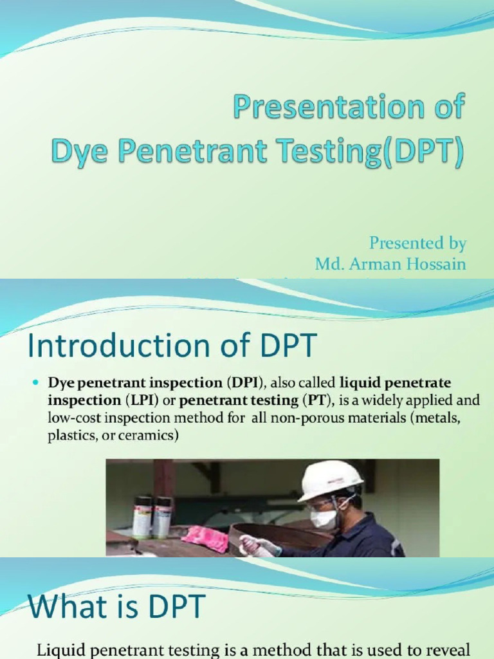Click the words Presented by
coord(417,243)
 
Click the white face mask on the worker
coord(324,519)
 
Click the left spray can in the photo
coord(142,517)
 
